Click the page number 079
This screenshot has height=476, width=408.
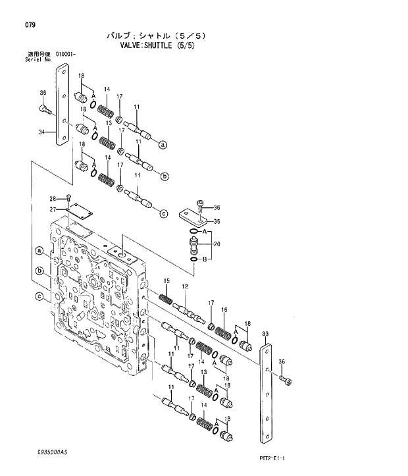pyautogui.click(x=30, y=25)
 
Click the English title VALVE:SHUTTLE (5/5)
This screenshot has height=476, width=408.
pyautogui.click(x=157, y=46)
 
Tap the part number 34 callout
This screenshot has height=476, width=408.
pyautogui.click(x=41, y=132)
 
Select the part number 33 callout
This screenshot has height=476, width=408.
pyautogui.click(x=265, y=334)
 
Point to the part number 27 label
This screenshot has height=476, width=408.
pyautogui.click(x=53, y=209)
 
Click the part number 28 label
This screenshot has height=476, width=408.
pyautogui.click(x=53, y=199)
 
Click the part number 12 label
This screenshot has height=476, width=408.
pyautogui.click(x=185, y=286)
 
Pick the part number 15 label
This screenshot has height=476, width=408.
pyautogui.click(x=167, y=281)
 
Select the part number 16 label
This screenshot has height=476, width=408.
pyautogui.click(x=224, y=309)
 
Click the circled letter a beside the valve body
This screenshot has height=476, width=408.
pyautogui.click(x=39, y=251)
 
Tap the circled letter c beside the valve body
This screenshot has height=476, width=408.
pyautogui.click(x=39, y=297)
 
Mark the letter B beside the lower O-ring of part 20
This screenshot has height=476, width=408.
pyautogui.click(x=205, y=259)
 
